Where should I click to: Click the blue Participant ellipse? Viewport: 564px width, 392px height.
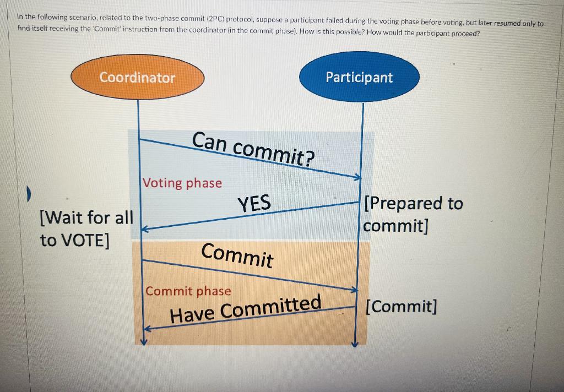pos(359,77)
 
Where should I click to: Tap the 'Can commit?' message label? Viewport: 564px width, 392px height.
pos(254,148)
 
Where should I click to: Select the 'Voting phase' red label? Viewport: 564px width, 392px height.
pos(182,183)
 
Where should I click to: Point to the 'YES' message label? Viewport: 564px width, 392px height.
pos(254,204)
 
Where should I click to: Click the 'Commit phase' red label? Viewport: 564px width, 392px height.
pos(188,291)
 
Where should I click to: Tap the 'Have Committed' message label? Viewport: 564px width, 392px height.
pos(246,308)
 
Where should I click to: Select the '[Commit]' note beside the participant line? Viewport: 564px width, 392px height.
pos(402,306)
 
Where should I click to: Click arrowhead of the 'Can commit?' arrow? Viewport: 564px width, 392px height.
pos(357,177)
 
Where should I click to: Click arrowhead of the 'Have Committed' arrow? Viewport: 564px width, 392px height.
pos(146,329)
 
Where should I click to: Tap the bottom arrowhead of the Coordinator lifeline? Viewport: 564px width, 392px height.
pos(143,341)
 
